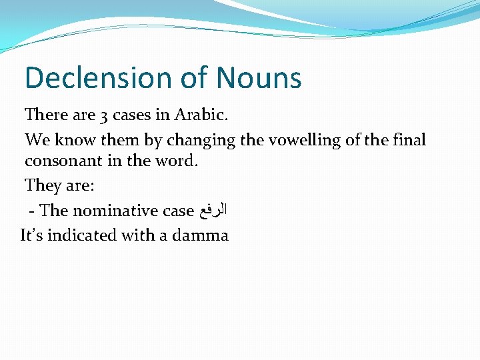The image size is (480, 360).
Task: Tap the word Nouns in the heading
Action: point(259,78)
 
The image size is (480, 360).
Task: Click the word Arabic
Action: point(201,115)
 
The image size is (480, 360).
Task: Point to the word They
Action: point(41,185)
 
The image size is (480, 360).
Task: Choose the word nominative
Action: point(115,211)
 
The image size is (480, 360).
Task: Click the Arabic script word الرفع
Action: point(213,211)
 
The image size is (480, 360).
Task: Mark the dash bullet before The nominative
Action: point(31,211)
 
